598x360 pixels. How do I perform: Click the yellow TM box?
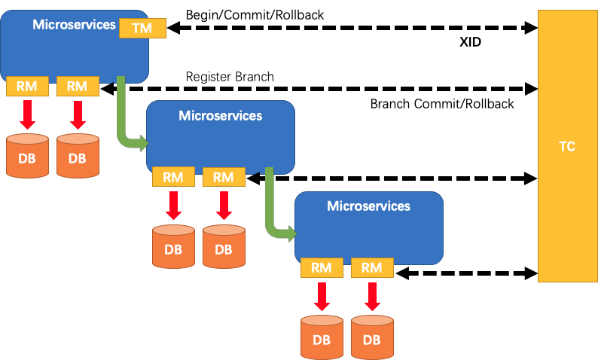[x=142, y=28]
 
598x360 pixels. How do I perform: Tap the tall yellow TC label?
[x=567, y=146]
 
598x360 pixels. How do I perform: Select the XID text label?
[x=470, y=42]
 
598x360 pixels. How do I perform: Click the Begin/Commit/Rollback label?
[x=255, y=15]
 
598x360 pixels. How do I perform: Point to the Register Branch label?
[x=230, y=77]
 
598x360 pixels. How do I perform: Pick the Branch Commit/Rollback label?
[x=442, y=104]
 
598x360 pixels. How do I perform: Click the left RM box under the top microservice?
[x=27, y=86]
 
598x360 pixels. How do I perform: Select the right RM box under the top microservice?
[x=78, y=86]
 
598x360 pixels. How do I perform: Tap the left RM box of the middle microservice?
[x=173, y=177]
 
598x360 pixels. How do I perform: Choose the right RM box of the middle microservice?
[x=224, y=177]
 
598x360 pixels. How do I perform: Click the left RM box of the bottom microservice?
[x=322, y=267]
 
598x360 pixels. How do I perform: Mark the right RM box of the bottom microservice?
[x=372, y=267]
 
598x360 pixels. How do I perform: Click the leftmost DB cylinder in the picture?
[x=27, y=156]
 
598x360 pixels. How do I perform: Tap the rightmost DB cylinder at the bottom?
[x=372, y=337]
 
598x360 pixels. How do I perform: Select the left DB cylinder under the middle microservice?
[x=173, y=247]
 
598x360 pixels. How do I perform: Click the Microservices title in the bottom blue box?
[x=368, y=206]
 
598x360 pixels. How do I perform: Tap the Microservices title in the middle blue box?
[x=221, y=115]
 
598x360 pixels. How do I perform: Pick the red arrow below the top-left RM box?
[x=27, y=114]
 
